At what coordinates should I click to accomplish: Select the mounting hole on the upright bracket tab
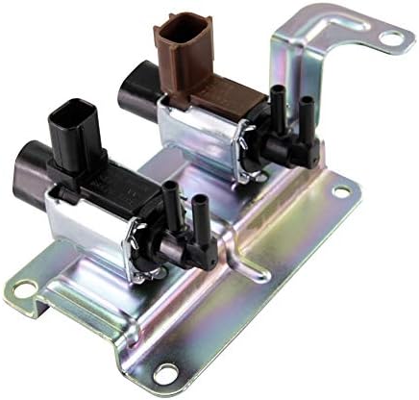pos(390,38)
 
